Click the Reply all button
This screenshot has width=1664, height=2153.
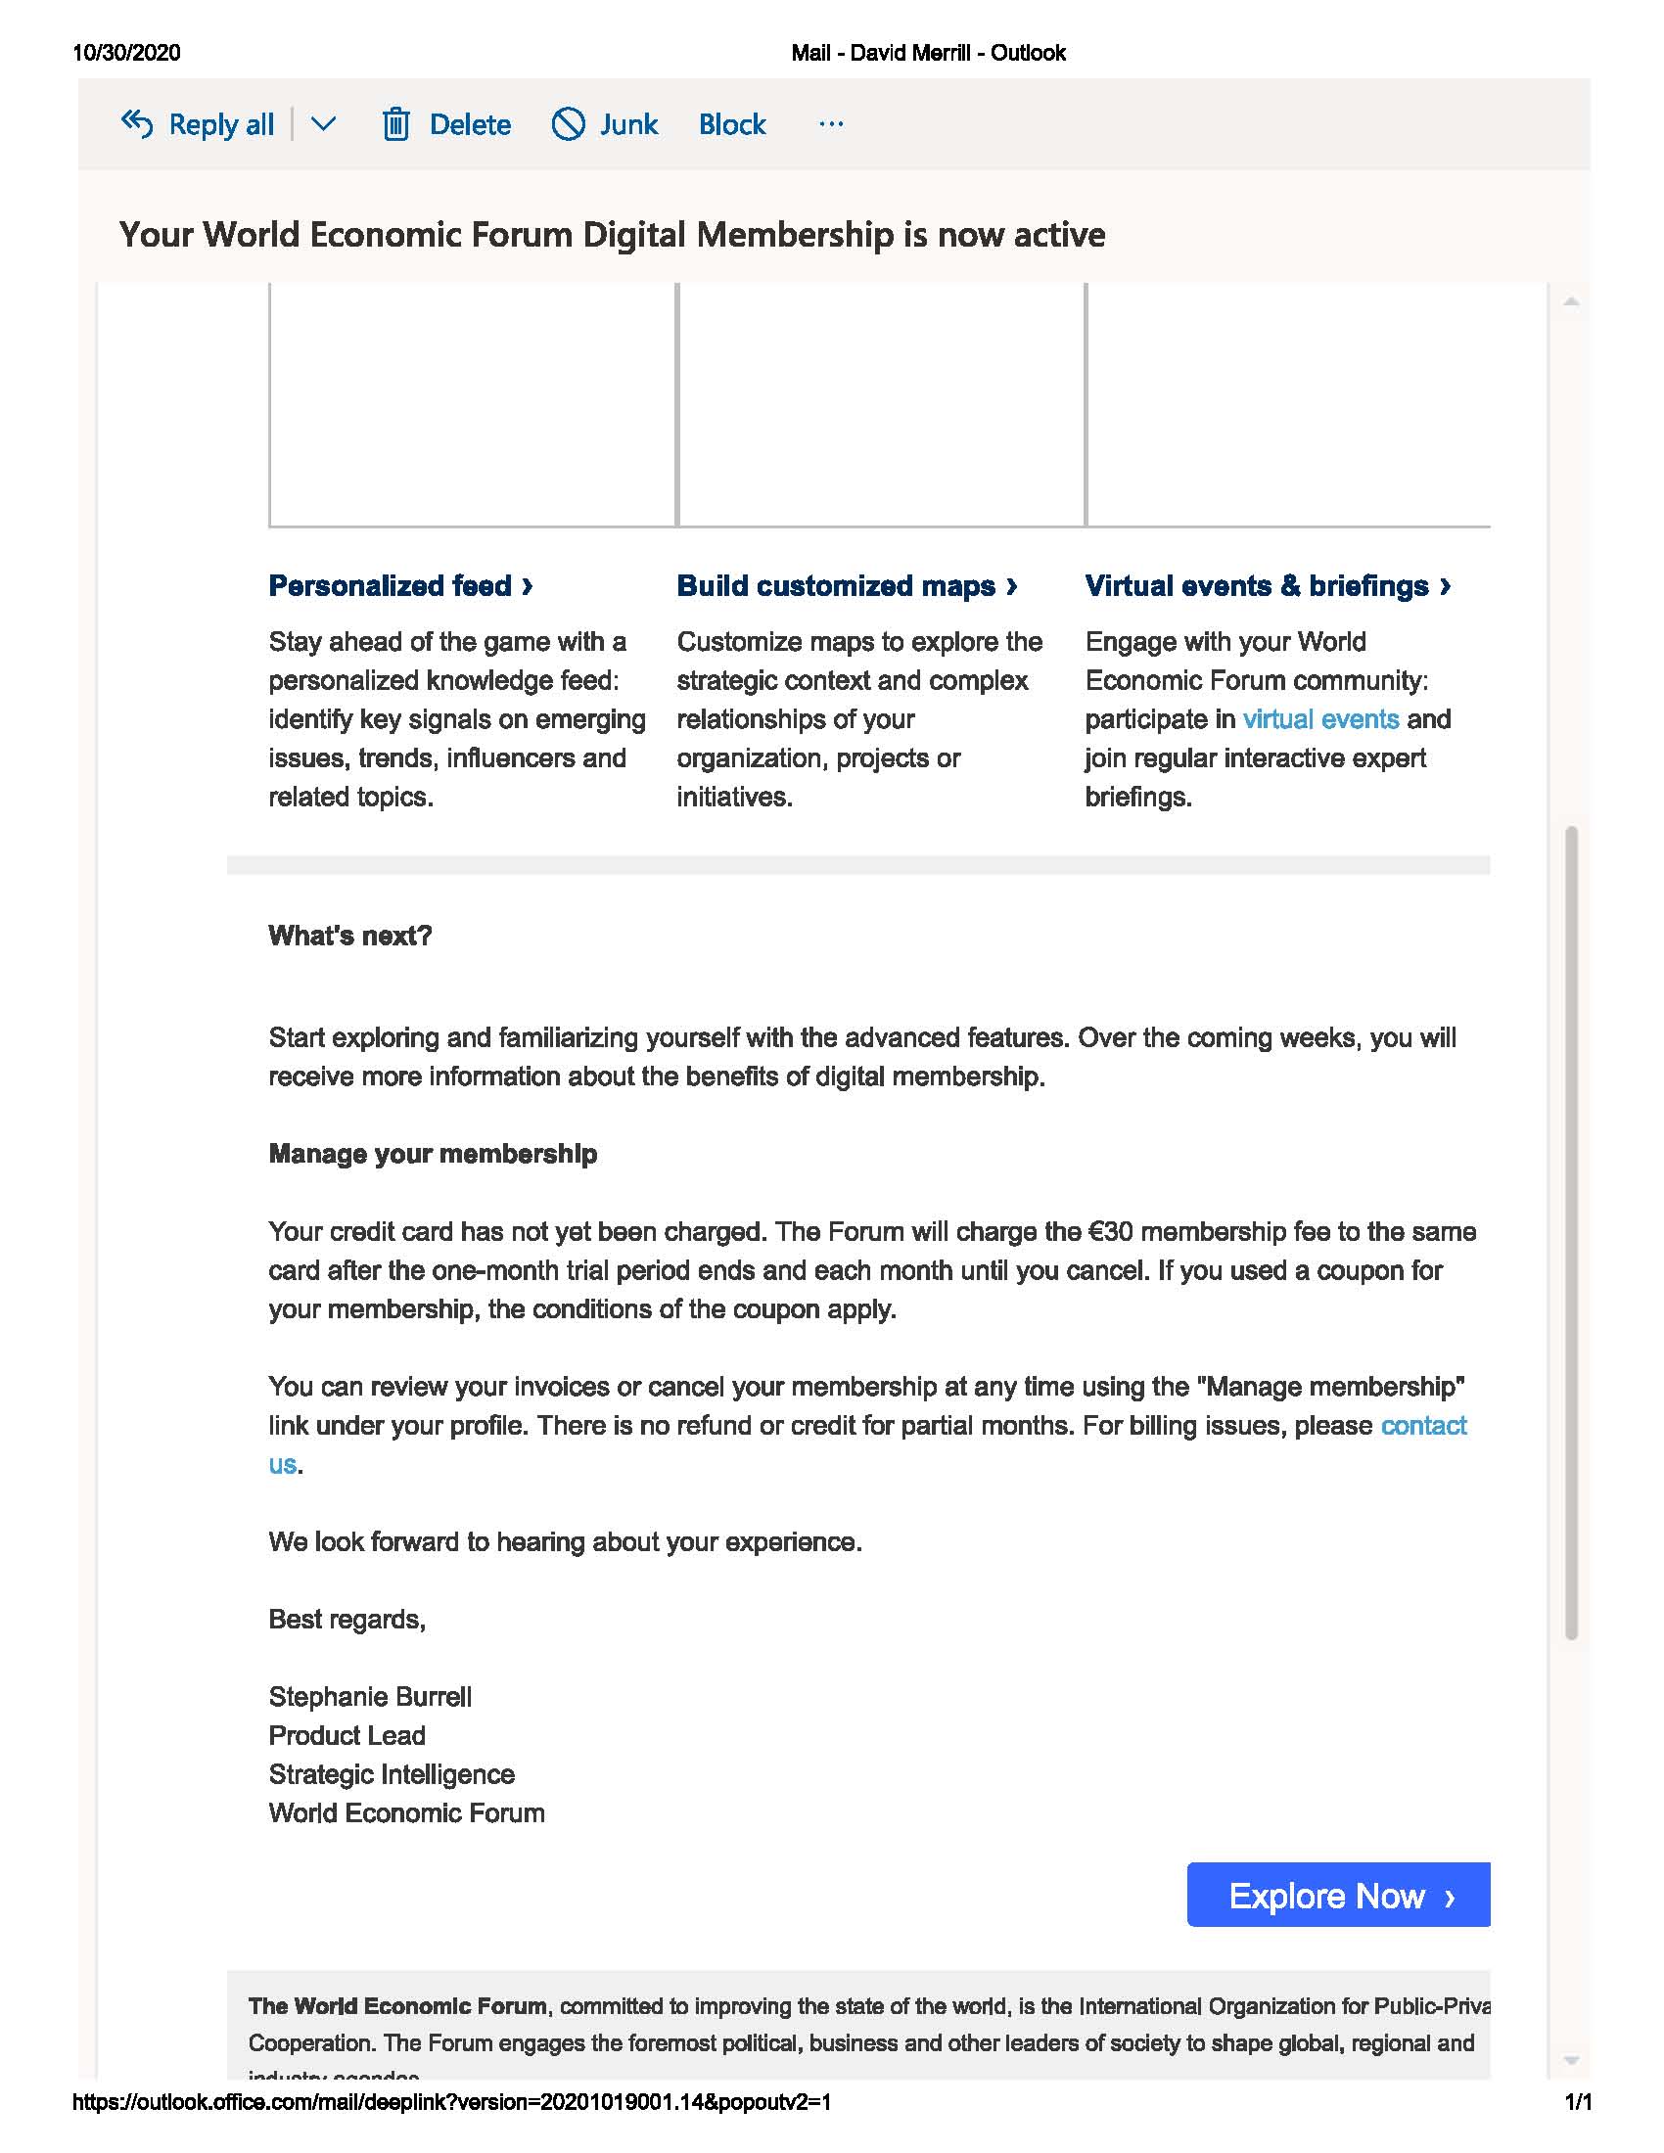(x=198, y=125)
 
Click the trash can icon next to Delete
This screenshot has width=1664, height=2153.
(x=395, y=125)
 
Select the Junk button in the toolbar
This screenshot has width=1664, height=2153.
(x=604, y=125)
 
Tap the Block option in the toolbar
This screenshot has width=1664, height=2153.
(x=731, y=125)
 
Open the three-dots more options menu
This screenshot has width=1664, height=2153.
(x=831, y=124)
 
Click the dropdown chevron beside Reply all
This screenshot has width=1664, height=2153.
(x=323, y=125)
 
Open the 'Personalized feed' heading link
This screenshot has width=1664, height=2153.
(x=400, y=585)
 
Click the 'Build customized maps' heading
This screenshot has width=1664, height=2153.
(x=846, y=585)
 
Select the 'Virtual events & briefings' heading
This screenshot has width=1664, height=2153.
(x=1267, y=585)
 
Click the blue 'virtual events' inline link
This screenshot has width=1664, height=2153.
(x=1320, y=718)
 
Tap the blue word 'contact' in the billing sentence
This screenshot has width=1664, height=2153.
(x=1422, y=1426)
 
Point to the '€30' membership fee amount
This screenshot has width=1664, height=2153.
(x=1110, y=1231)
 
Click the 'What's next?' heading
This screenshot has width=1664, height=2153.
(x=350, y=936)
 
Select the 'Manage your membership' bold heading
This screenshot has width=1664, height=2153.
(x=433, y=1154)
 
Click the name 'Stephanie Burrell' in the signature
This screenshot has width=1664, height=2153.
(x=370, y=1697)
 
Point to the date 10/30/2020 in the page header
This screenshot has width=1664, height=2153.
(x=126, y=53)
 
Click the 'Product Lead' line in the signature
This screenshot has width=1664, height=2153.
(x=347, y=1735)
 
